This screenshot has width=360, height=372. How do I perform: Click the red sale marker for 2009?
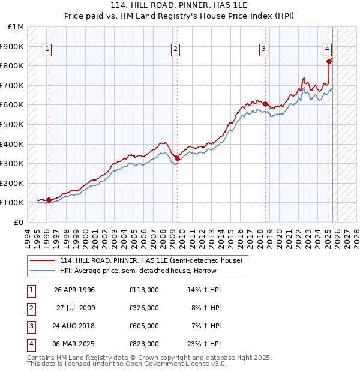pos(177,158)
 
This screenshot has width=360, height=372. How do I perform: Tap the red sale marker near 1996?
pos(49,200)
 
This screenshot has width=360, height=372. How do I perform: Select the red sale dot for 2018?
pos(265,104)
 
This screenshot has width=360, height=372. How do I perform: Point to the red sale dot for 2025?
pos(329,61)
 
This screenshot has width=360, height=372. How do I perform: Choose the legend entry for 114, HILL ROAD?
pos(150,260)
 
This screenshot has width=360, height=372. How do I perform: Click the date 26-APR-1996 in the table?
pos(74,290)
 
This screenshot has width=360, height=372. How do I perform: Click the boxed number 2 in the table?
pos(29,308)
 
